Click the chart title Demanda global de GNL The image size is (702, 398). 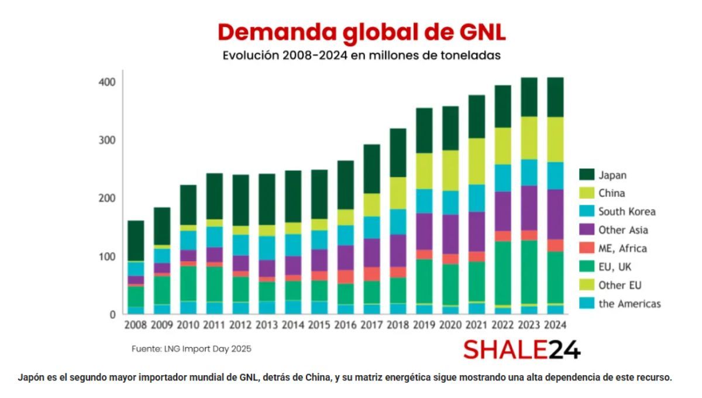coord(362,33)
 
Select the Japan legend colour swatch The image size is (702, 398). coord(587,174)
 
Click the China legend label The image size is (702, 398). coord(611,193)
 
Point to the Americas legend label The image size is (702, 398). coord(629,303)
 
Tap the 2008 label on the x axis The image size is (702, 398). coord(136,324)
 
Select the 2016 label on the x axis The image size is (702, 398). coord(345,324)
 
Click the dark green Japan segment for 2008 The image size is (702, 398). coord(136,241)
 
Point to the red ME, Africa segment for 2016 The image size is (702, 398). coord(345,277)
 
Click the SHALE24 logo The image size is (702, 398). coord(522,350)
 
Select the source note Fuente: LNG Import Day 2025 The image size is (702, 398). coord(191,349)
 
